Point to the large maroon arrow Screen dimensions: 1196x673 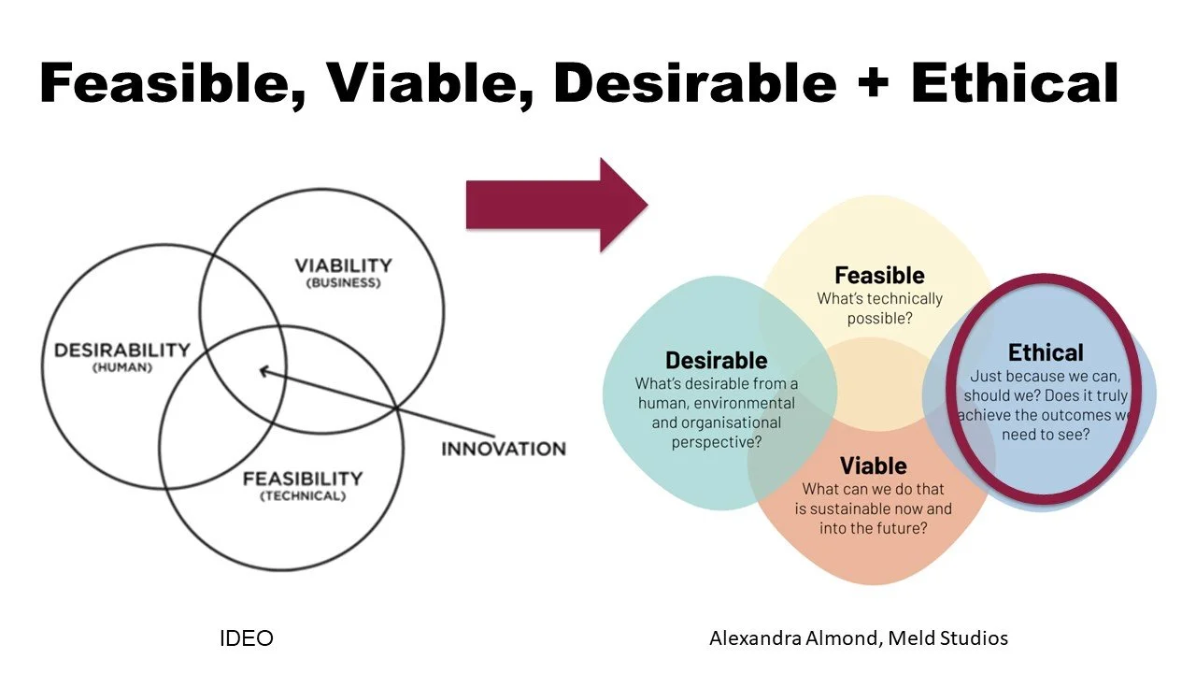pyautogui.click(x=557, y=205)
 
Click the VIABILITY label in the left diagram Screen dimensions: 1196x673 pyautogui.click(x=343, y=265)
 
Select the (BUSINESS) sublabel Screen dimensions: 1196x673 pyautogui.click(x=343, y=282)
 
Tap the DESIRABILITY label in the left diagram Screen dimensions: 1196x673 pyautogui.click(x=122, y=351)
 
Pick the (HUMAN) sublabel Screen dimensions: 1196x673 pyautogui.click(x=122, y=367)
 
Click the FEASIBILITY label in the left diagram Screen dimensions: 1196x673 pyautogui.click(x=303, y=479)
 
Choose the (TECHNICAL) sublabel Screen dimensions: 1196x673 pyautogui.click(x=303, y=495)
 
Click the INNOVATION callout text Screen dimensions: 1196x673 pyautogui.click(x=504, y=450)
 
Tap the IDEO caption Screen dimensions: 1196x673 pyautogui.click(x=246, y=638)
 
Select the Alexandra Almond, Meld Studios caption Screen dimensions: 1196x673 pyautogui.click(x=859, y=638)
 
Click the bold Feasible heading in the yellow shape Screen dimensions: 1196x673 pyautogui.click(x=879, y=276)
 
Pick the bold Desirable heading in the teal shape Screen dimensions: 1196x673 pyautogui.click(x=716, y=361)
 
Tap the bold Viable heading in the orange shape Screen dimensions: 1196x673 pyautogui.click(x=873, y=465)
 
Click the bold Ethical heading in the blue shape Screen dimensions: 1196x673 pyautogui.click(x=1046, y=352)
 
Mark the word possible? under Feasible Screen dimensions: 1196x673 pyautogui.click(x=879, y=319)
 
